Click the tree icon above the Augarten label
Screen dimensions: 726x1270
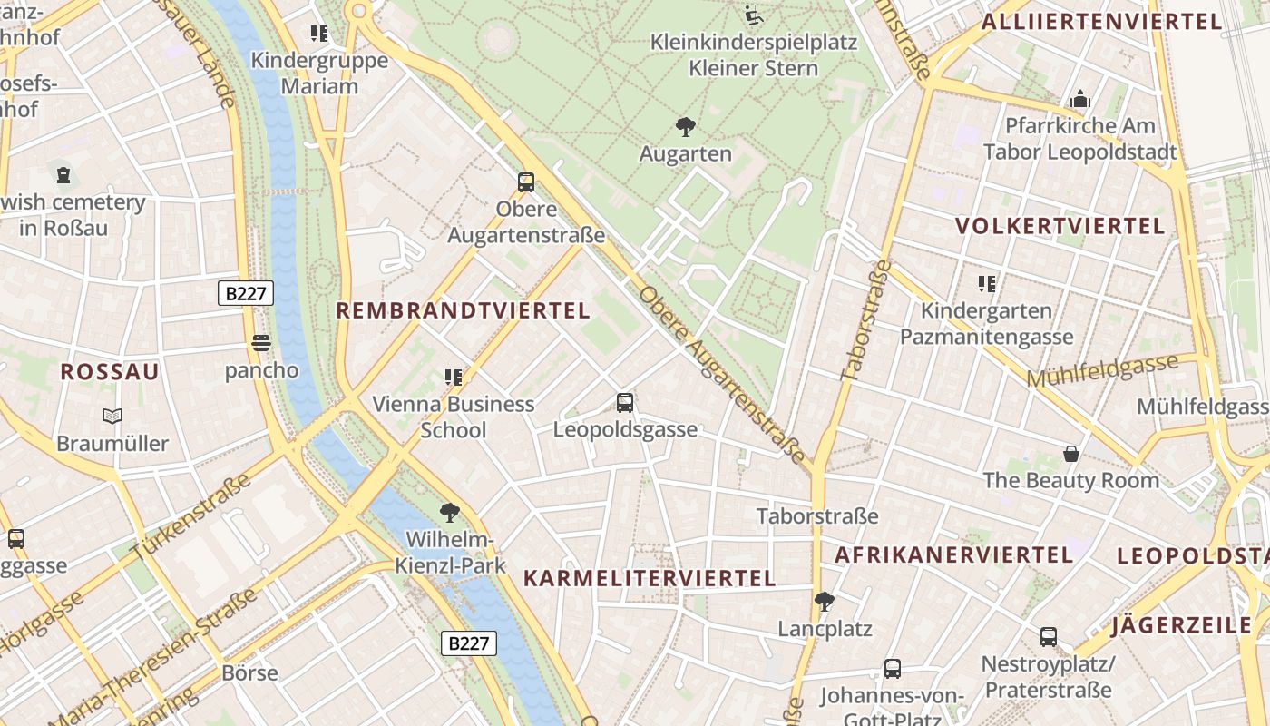tap(685, 127)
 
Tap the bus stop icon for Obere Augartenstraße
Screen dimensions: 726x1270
tap(526, 181)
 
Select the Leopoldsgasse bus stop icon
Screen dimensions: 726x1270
tap(624, 403)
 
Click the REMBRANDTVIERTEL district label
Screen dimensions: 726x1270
tap(463, 310)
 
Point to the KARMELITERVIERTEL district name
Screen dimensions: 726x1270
tap(650, 578)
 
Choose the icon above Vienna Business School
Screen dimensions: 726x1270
tap(454, 377)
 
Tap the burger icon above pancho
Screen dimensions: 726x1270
tap(261, 343)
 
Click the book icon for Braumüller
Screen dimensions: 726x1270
tap(112, 416)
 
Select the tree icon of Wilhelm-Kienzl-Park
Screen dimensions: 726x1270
tap(449, 513)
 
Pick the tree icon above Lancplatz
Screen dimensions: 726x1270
tap(825, 601)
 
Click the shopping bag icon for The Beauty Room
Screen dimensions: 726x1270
tap(1071, 453)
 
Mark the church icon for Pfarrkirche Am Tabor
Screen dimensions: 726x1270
tap(1080, 99)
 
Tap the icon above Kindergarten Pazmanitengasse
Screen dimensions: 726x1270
tap(987, 284)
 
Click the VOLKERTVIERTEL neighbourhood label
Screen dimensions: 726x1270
tap(1060, 226)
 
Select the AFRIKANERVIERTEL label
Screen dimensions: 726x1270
tap(953, 554)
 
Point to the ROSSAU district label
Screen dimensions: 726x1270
tap(110, 371)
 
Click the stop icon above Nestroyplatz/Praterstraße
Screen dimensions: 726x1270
tap(1048, 637)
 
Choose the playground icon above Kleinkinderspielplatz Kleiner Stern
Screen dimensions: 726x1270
tap(753, 15)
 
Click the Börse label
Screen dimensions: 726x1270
tap(249, 673)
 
